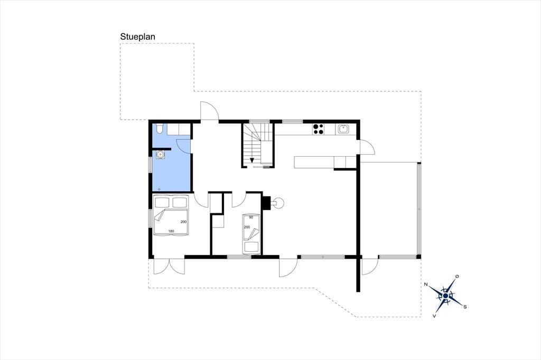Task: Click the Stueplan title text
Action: [138, 37]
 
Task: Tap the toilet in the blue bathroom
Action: [159, 128]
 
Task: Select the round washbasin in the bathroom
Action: [160, 155]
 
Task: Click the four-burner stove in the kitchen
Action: [318, 129]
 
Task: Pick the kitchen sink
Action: [343, 129]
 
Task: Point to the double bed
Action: [171, 215]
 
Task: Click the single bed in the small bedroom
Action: [251, 234]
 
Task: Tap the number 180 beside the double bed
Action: [171, 231]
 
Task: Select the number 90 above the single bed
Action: [251, 217]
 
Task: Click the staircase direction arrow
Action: [252, 159]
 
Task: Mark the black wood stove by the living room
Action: [266, 203]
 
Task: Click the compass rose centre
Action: [445, 296]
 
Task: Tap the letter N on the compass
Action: [426, 285]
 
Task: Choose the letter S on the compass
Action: [465, 307]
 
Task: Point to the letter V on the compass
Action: [434, 316]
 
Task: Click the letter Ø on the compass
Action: [457, 276]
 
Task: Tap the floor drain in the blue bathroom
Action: [159, 190]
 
